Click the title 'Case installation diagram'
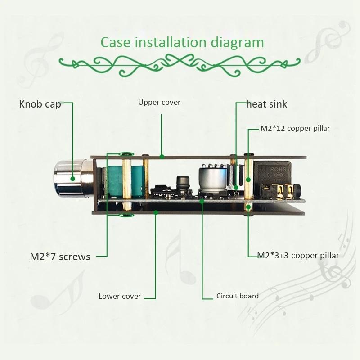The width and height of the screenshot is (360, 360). pyautogui.click(x=182, y=42)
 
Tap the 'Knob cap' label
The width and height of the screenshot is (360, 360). pyautogui.click(x=40, y=104)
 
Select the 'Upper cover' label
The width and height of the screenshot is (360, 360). pyautogui.click(x=159, y=102)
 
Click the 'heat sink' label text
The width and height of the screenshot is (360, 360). pyautogui.click(x=266, y=104)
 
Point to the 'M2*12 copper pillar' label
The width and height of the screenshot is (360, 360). pyautogui.click(x=295, y=128)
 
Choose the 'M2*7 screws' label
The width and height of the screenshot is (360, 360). pyautogui.click(x=60, y=257)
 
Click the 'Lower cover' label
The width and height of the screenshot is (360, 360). pyautogui.click(x=120, y=296)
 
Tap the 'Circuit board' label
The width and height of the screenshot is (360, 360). pyautogui.click(x=237, y=296)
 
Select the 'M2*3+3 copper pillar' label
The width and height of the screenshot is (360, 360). pyautogui.click(x=298, y=256)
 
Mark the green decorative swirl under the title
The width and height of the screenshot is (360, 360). pyautogui.click(x=180, y=63)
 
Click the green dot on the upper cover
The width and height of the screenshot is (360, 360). pyautogui.click(x=162, y=156)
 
